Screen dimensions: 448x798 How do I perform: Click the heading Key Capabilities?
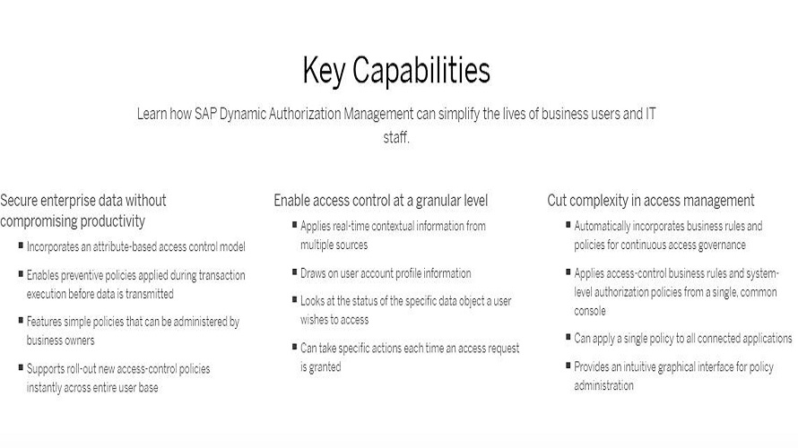396,70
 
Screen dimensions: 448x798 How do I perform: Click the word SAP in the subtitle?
207,114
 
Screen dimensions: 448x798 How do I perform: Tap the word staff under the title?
395,138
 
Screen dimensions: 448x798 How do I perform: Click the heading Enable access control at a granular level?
380,201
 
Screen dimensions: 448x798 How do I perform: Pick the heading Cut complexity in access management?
651,201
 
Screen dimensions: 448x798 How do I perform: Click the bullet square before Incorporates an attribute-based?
21,246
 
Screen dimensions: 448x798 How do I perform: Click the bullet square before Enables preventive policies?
21,275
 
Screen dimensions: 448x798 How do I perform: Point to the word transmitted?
147,293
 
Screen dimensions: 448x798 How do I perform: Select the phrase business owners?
60,340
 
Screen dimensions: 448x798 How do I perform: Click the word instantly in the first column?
48,387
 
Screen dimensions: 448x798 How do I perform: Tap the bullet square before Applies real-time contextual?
294,224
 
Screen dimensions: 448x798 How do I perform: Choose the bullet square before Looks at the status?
294,300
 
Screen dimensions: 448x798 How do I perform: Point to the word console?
590,311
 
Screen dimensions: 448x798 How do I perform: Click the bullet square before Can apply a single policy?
568,338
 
